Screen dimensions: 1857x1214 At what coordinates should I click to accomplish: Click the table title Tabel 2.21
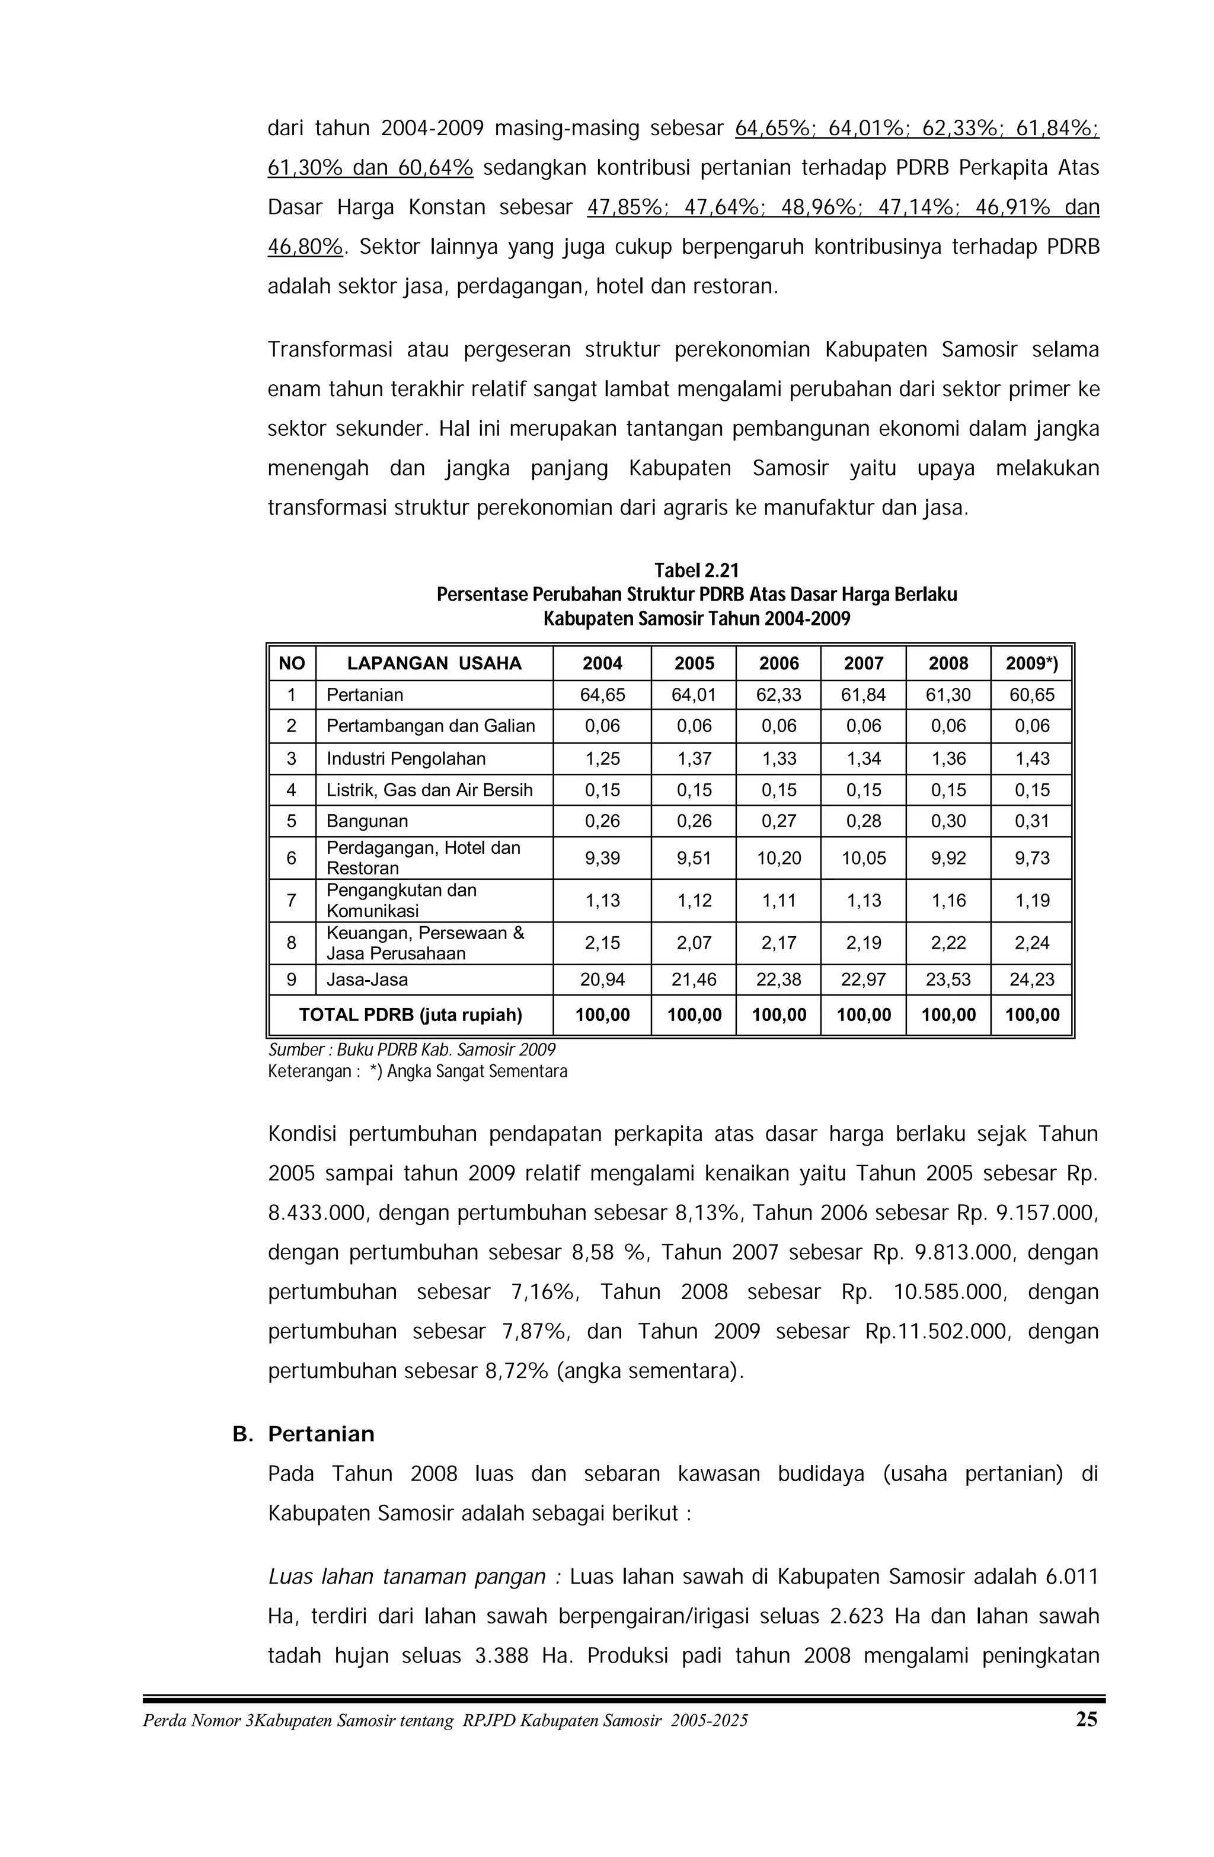pos(695,570)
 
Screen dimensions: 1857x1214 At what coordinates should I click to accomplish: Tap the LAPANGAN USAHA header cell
pos(434,663)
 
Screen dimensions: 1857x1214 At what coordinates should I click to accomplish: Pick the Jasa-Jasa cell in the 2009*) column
pos(1031,979)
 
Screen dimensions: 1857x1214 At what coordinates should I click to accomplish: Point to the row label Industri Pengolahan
pos(405,758)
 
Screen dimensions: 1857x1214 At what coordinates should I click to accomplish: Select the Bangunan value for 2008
pos(948,821)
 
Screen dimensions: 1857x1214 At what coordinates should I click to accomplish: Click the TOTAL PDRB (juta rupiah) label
pos(410,1015)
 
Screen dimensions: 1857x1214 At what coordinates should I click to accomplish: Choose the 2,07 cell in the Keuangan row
pos(694,943)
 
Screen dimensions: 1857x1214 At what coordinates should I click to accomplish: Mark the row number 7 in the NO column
pos(291,901)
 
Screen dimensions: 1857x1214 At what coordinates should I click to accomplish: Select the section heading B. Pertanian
pos(303,1434)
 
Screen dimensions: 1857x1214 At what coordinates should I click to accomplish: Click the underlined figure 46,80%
pos(305,247)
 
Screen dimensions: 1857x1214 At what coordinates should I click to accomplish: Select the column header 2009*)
pos(1031,663)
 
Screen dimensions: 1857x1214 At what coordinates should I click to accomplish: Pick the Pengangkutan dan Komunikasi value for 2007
pos(863,901)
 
